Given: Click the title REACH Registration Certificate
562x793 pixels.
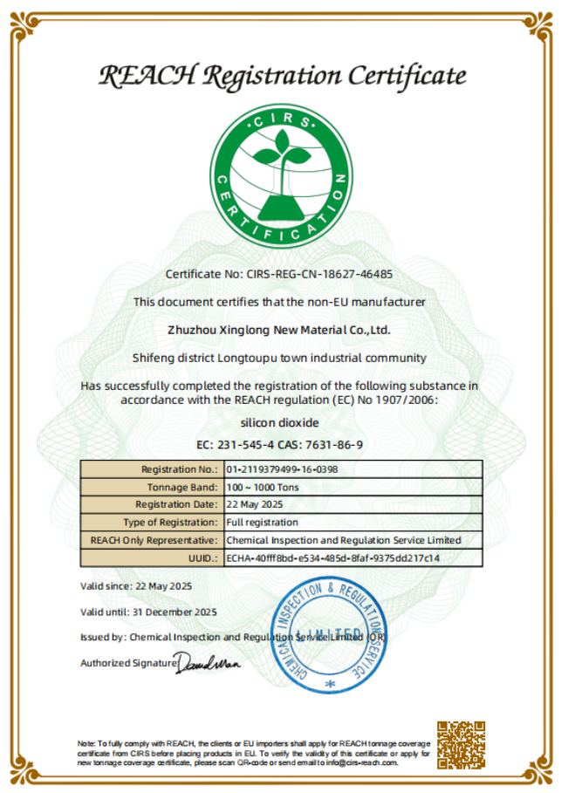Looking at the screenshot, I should click(x=281, y=76).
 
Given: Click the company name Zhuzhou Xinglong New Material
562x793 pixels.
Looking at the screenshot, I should click(x=278, y=330).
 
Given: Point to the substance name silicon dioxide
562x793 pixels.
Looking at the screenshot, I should click(x=279, y=422).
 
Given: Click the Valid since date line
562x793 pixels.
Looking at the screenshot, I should click(x=136, y=585).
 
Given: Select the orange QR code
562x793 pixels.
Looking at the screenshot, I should click(x=461, y=744).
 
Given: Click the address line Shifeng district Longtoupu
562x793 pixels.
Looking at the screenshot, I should click(x=279, y=358).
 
